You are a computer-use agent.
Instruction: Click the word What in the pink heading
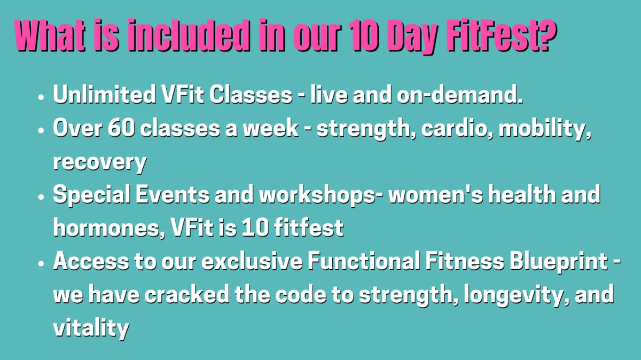pyautogui.click(x=50, y=35)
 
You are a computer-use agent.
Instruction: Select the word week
pyautogui.click(x=271, y=128)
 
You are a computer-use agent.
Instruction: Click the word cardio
pyautogui.click(x=454, y=128)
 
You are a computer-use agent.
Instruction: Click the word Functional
pyautogui.click(x=364, y=261)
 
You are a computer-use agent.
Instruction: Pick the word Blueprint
pyautogui.click(x=559, y=262)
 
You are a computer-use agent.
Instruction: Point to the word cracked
pyautogui.click(x=186, y=294)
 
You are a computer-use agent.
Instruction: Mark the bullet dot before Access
pyautogui.click(x=41, y=263)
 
